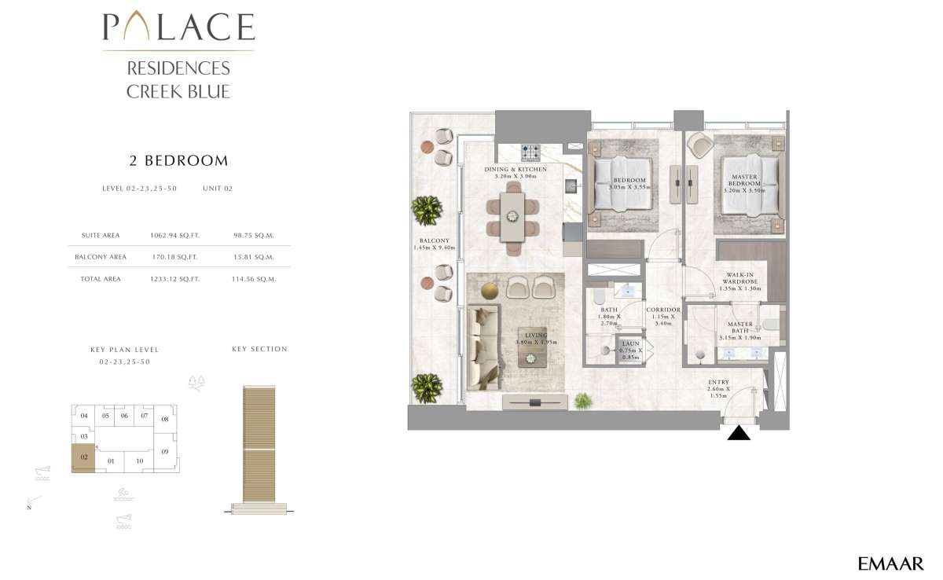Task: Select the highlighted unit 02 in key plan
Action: [83, 457]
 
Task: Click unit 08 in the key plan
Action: [164, 419]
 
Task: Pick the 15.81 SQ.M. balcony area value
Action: [254, 257]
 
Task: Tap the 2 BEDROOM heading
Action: [178, 161]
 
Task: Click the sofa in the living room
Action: [483, 346]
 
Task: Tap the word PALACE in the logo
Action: [178, 28]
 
